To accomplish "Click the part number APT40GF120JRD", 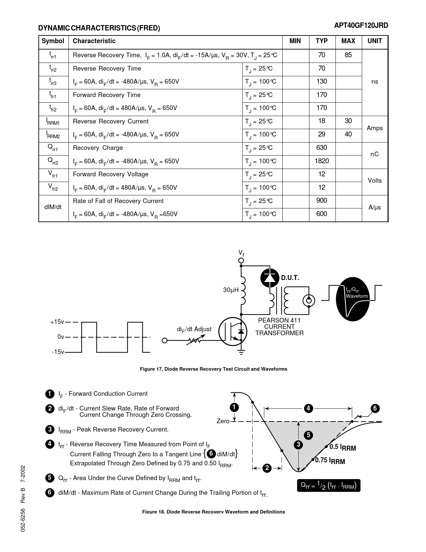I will (x=361, y=26).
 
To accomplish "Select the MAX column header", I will (x=348, y=41).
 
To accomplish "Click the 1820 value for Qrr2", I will (x=321, y=161).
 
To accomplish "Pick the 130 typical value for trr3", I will (x=321, y=82).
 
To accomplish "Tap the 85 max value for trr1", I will (x=348, y=55).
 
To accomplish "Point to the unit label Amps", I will (x=375, y=128).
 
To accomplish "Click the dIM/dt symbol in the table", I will (x=53, y=207).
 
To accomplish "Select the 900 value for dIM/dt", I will (x=321, y=201).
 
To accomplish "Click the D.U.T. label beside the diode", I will (x=290, y=278).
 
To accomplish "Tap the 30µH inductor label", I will (x=231, y=290).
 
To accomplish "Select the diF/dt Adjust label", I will (x=194, y=329).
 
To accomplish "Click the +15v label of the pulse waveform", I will (x=57, y=322).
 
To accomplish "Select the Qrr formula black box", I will (x=328, y=485).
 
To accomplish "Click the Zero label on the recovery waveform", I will (x=223, y=421).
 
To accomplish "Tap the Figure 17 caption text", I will (x=213, y=369).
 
